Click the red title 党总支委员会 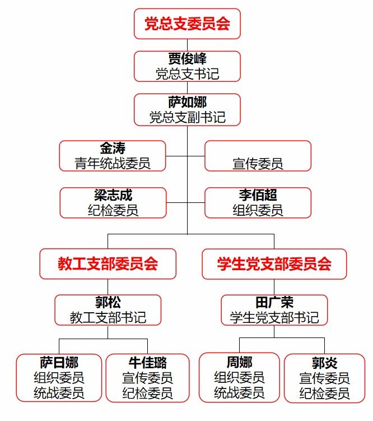[187, 24]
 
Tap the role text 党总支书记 [187, 73]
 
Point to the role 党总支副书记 [187, 117]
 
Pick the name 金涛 [113, 149]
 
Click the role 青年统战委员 [113, 163]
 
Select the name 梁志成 [113, 195]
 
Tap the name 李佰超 [258, 195]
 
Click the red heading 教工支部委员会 [108, 263]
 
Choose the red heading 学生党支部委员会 [274, 263]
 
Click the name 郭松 [108, 303]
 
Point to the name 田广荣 [274, 303]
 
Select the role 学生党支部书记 [274, 317]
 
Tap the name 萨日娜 [59, 362]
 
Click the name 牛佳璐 [148, 362]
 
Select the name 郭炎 [325, 362]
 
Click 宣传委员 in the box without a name [258, 163]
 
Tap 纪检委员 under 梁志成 [113, 210]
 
